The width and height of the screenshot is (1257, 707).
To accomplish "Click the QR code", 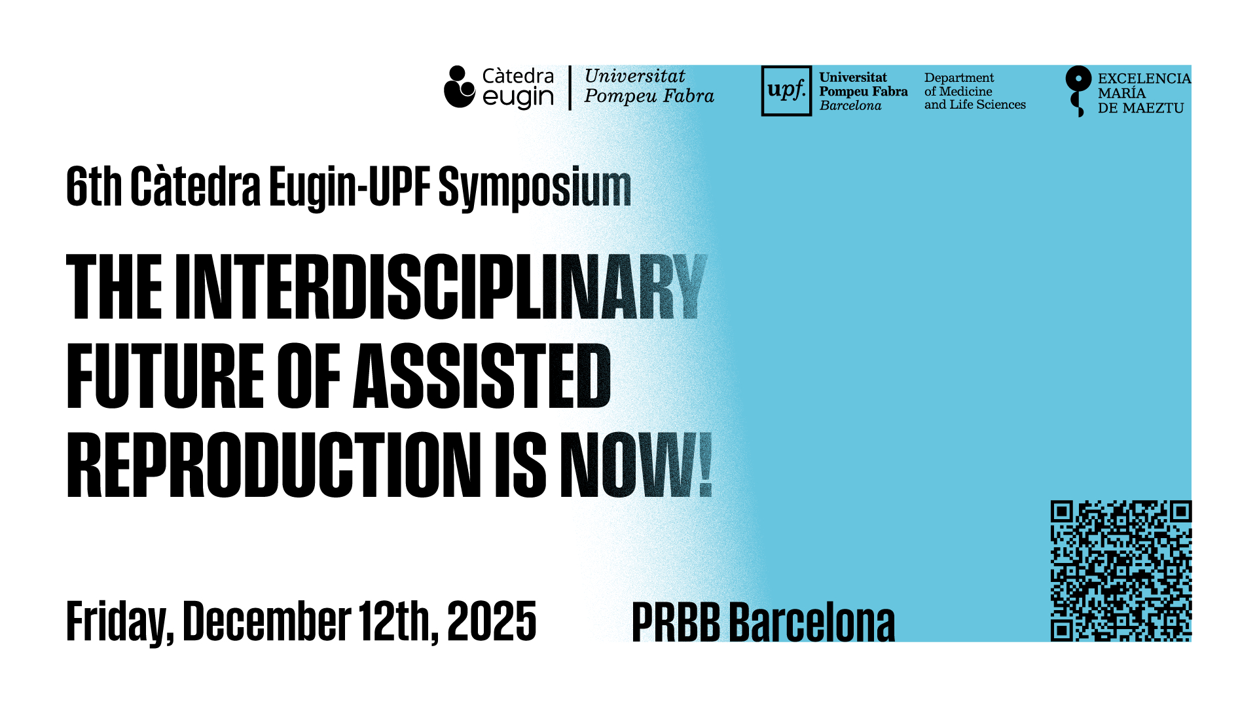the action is pyautogui.click(x=1121, y=571).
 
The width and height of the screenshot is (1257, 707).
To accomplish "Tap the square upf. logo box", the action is pyautogui.click(x=786, y=91).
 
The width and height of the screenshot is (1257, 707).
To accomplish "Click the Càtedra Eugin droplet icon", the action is pyautogui.click(x=459, y=86).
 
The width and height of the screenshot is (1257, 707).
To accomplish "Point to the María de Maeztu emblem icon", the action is pyautogui.click(x=1078, y=91).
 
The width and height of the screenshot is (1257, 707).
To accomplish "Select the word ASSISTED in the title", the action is pyautogui.click(x=482, y=376).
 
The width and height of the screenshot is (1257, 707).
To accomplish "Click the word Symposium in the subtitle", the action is pyautogui.click(x=535, y=188).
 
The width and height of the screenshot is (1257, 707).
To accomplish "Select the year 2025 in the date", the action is pyautogui.click(x=492, y=621).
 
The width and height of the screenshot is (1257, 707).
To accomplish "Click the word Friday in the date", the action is pyautogui.click(x=120, y=623).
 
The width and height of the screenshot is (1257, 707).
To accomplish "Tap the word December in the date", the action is pyautogui.click(x=267, y=620).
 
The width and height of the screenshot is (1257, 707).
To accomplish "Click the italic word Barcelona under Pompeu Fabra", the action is pyautogui.click(x=850, y=105).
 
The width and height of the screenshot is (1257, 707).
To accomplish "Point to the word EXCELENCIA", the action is pyautogui.click(x=1144, y=79).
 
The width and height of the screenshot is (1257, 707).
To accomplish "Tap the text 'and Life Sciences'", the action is pyautogui.click(x=975, y=105).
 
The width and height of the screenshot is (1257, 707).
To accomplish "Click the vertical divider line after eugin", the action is pyautogui.click(x=570, y=88).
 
